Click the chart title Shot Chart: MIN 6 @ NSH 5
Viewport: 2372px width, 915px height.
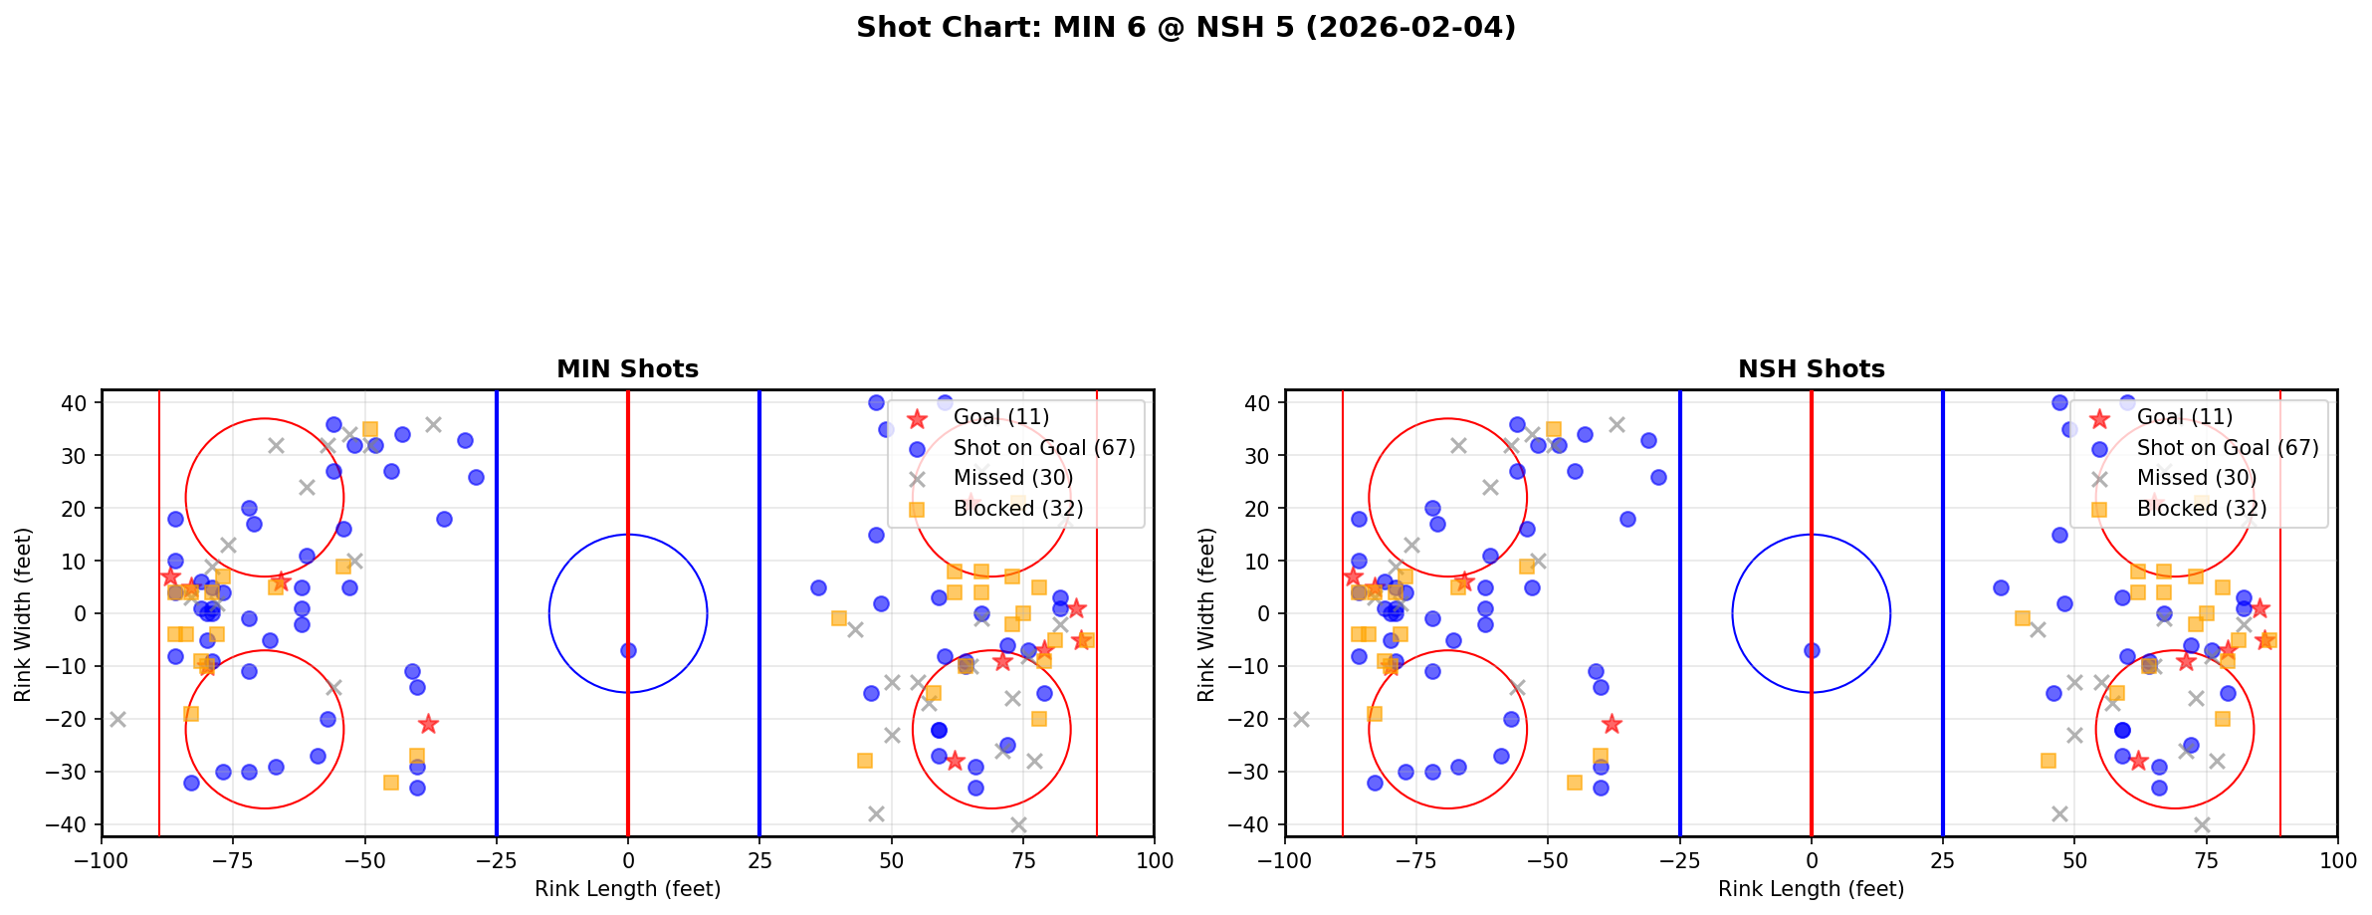coord(1186,28)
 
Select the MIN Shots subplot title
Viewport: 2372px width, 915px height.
coord(627,369)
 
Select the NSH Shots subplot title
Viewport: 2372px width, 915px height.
coord(1811,369)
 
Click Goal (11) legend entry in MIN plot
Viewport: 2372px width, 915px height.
coord(1000,417)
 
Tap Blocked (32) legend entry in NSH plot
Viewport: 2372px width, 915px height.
coord(2201,509)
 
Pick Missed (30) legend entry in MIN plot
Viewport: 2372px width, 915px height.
coord(1012,478)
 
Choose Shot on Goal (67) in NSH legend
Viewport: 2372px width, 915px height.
coord(2227,448)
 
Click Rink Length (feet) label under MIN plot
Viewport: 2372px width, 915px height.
coord(627,889)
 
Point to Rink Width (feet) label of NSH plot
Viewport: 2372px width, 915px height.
coord(1206,614)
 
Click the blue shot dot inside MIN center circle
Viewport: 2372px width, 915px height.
coord(628,650)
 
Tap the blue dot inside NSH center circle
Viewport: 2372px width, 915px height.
coord(1812,650)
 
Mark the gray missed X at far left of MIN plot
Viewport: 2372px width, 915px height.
coord(117,719)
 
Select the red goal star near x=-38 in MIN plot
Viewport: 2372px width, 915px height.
coord(428,724)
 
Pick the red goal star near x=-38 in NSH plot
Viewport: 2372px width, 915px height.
coord(1612,724)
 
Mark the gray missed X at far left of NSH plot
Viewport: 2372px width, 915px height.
coord(1301,719)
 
